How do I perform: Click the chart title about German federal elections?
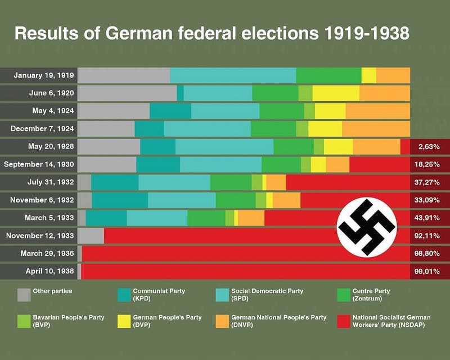[x=211, y=34]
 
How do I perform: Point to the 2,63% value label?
[x=430, y=147]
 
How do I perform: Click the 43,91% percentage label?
[x=430, y=218]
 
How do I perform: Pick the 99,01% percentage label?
[x=430, y=271]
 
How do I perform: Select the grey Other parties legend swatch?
[x=24, y=295]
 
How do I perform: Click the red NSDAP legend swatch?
[x=343, y=321]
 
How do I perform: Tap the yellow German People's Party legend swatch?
[x=124, y=321]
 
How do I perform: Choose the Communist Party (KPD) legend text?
[x=159, y=295]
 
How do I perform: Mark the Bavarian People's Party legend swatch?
[x=24, y=321]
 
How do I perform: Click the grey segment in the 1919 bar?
[x=124, y=75]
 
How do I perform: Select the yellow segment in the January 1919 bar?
[x=368, y=75]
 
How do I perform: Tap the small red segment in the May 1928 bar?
[x=405, y=147]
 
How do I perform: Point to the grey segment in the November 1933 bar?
[x=91, y=236]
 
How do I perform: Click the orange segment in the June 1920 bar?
[x=384, y=93]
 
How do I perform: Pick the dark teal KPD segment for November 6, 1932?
[x=120, y=200]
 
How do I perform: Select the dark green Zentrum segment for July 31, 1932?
[x=231, y=182]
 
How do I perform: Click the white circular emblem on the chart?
[x=367, y=227]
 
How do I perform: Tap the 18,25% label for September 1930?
[x=430, y=165]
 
